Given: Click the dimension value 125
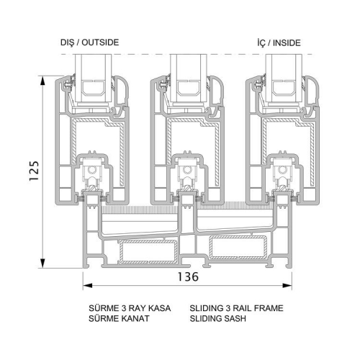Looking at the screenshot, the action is click(x=34, y=171).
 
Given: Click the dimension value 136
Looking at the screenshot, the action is click(x=188, y=276).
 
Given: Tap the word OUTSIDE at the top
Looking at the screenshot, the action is click(x=100, y=42).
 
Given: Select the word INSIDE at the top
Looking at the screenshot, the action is click(x=287, y=43).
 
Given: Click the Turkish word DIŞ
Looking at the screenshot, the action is click(x=67, y=42).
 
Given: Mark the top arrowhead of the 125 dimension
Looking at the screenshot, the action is click(x=42, y=81).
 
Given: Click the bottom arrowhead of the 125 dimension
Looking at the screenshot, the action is click(x=42, y=264).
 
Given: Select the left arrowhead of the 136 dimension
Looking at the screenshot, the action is click(x=88, y=286).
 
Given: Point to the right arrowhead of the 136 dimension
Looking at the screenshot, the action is click(x=287, y=286).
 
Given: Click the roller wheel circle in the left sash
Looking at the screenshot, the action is click(x=91, y=170).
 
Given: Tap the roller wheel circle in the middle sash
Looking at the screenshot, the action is click(x=186, y=170).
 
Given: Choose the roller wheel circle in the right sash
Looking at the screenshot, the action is click(x=282, y=170).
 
